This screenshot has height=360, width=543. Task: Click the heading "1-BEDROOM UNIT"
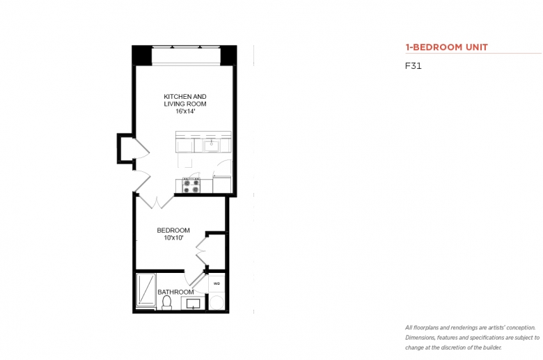coord(446,47)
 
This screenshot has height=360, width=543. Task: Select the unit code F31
coord(413,66)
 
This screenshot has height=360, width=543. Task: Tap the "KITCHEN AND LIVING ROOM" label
coord(185,100)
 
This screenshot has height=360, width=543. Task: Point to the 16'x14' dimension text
coord(185,111)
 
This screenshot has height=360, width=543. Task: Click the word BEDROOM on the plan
coord(173,230)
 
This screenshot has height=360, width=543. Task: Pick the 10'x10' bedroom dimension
coord(173,238)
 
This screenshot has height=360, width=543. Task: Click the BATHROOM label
coord(175,292)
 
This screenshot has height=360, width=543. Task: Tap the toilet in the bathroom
coord(167,302)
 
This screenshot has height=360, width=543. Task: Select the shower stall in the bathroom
coord(145,290)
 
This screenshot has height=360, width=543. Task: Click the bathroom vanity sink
coord(193,304)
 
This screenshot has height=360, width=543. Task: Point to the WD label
coord(217,283)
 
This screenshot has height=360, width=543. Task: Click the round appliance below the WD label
coord(217,302)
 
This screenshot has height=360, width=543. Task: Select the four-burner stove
coord(191,186)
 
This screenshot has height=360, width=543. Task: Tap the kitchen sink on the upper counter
coord(211,146)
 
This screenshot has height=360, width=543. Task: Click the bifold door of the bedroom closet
coord(201,251)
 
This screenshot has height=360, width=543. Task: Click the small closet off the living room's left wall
coord(125,148)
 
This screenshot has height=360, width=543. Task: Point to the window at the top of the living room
coord(186,55)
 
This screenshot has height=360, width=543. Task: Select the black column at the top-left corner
coord(142,55)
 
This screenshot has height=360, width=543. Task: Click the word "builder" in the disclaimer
coord(494,347)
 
